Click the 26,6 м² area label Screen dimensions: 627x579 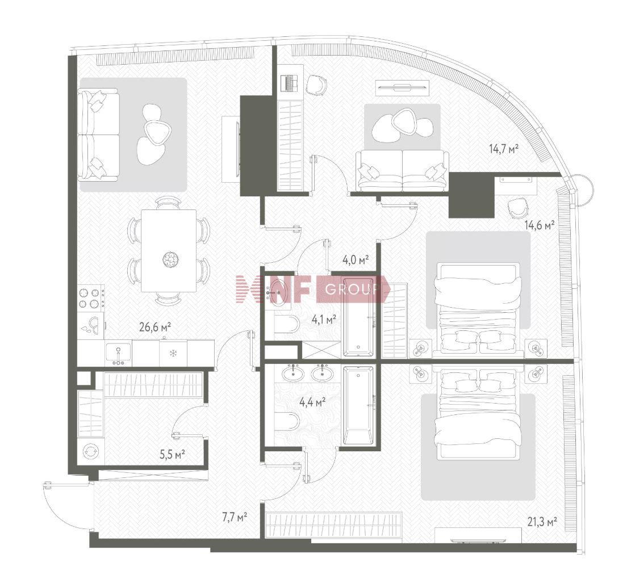point(155,328)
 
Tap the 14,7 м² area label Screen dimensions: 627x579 point(504,149)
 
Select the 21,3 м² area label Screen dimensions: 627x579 point(542,522)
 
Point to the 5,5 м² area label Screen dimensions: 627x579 point(172,454)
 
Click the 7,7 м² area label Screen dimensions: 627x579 point(235,517)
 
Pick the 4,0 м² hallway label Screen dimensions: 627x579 point(356,261)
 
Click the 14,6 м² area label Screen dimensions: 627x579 point(540,225)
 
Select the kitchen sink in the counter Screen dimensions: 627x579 point(118,354)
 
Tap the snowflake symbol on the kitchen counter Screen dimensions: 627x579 point(173,353)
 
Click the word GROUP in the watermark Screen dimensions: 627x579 point(352,289)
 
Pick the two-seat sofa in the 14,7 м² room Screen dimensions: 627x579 point(402,171)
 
